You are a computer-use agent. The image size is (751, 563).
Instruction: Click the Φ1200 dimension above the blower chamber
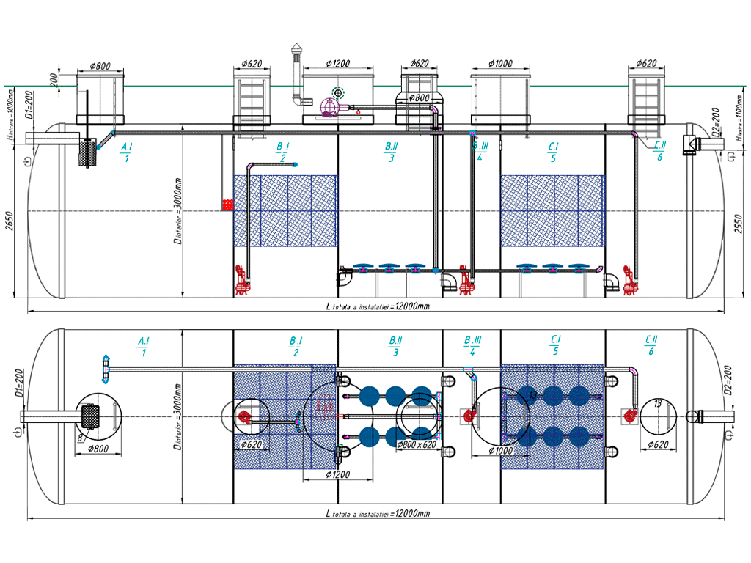(338, 63)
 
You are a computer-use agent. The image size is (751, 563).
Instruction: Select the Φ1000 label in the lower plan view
(502, 451)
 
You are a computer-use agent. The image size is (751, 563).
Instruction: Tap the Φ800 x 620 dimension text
(416, 444)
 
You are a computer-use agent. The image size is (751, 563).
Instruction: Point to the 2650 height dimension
(9, 220)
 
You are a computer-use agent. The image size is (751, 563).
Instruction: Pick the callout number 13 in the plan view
(657, 404)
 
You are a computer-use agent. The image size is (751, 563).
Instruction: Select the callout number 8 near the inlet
(79, 438)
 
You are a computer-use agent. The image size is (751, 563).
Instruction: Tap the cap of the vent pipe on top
(296, 49)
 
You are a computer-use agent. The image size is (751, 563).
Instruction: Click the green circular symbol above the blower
(337, 92)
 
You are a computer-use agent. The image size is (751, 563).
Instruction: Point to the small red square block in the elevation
(227, 205)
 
